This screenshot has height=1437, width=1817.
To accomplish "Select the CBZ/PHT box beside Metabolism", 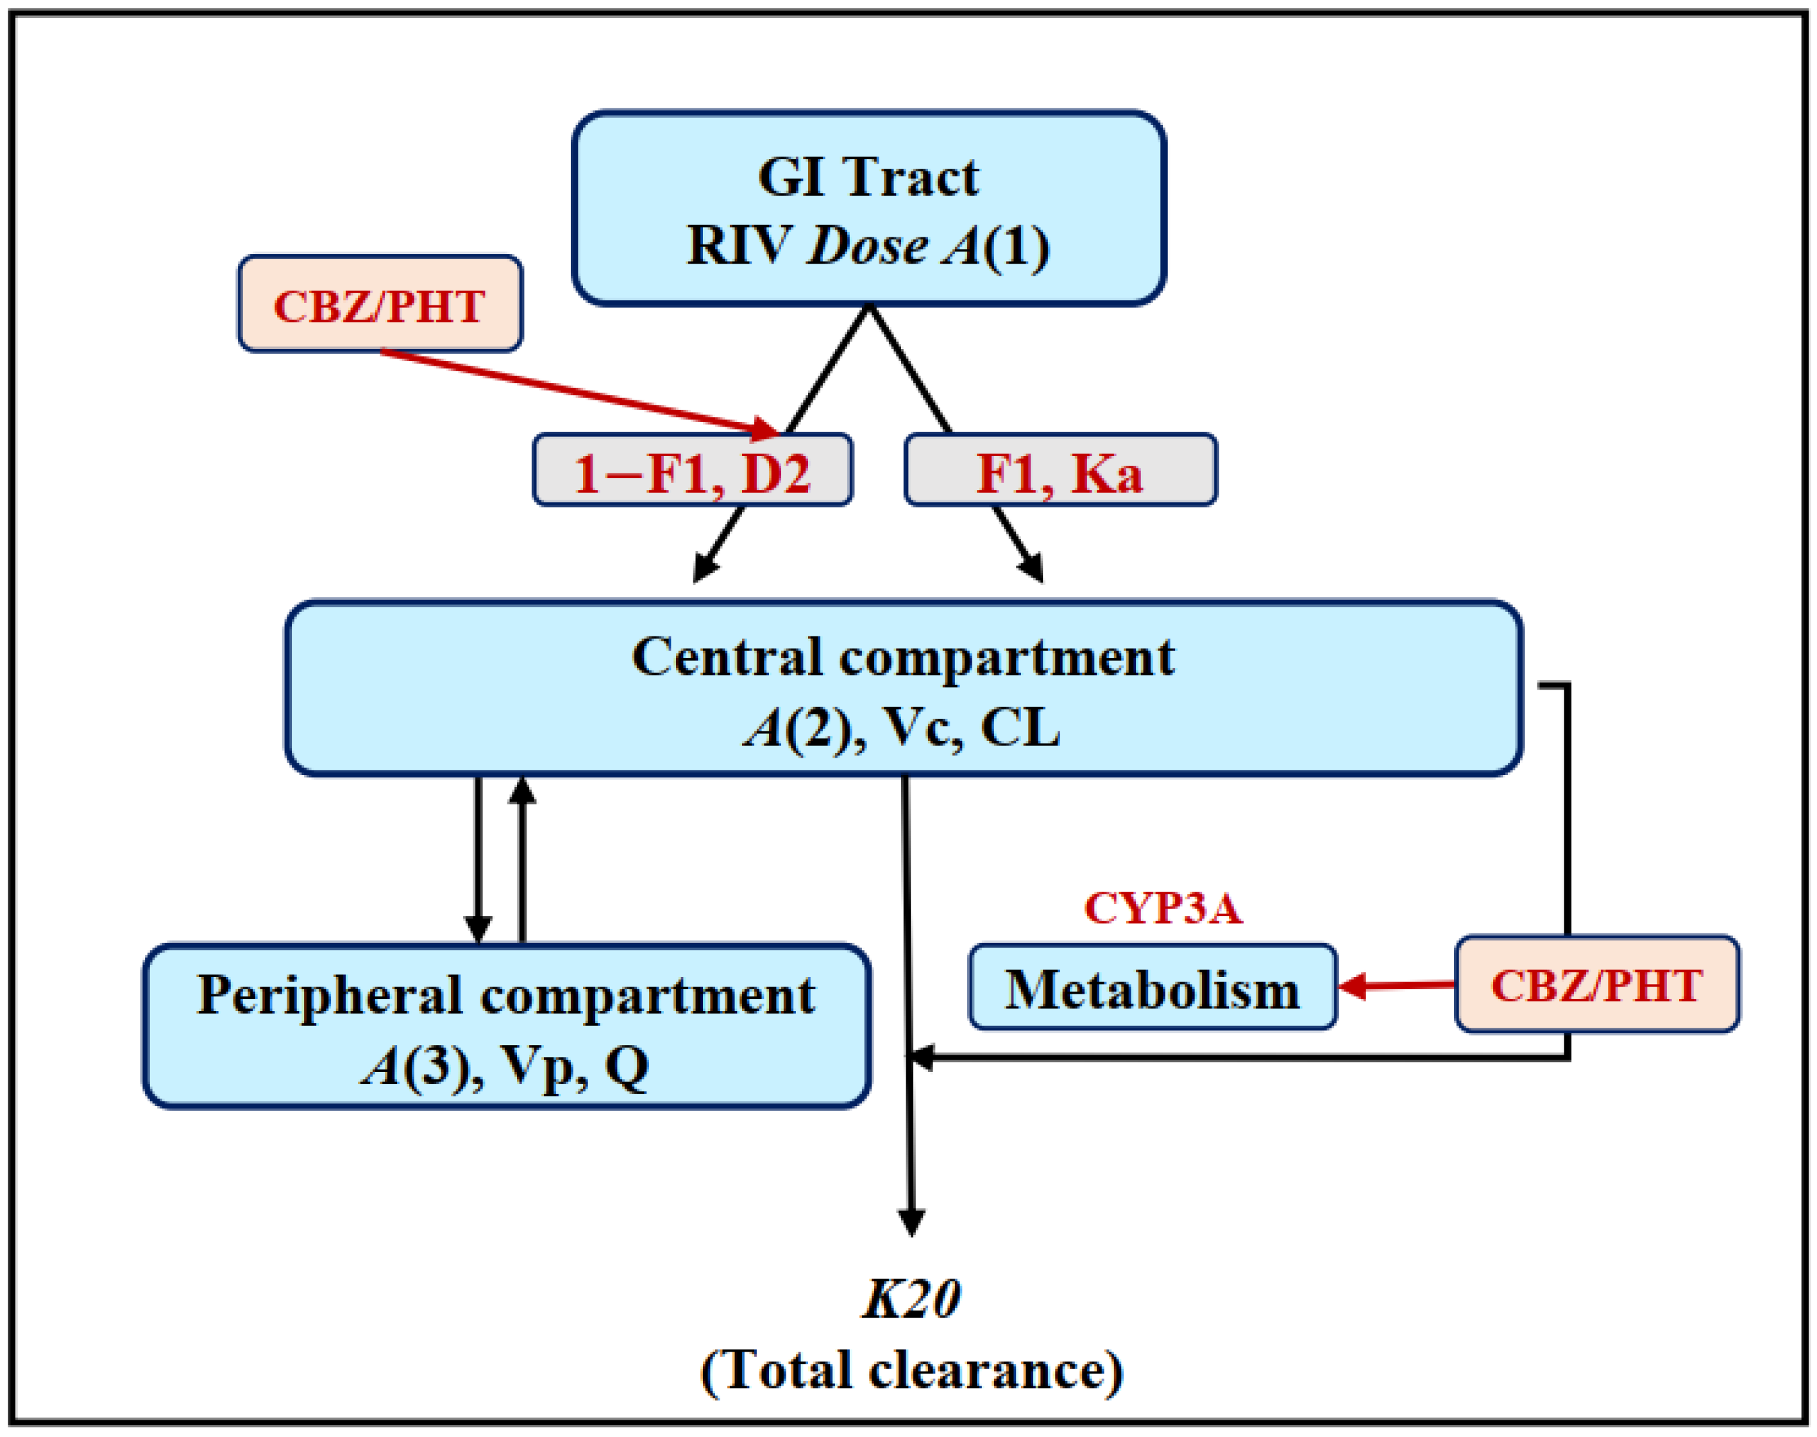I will coord(1596,984).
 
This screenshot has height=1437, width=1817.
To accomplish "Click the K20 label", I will coord(911,1298).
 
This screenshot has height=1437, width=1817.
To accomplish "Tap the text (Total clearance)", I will coord(911,1370).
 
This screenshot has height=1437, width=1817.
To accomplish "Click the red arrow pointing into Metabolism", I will coord(1396,984).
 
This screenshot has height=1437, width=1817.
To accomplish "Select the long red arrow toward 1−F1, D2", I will coord(580,393).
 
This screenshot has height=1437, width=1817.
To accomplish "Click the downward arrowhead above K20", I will coord(911,1221).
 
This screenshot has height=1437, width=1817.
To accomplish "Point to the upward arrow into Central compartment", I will coord(522,858).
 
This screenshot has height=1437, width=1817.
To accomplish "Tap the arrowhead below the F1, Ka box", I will coord(1033,566).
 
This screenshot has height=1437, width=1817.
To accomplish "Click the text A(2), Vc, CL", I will coord(902,727).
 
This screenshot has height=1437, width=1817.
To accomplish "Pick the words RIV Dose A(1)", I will coord(868,246).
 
